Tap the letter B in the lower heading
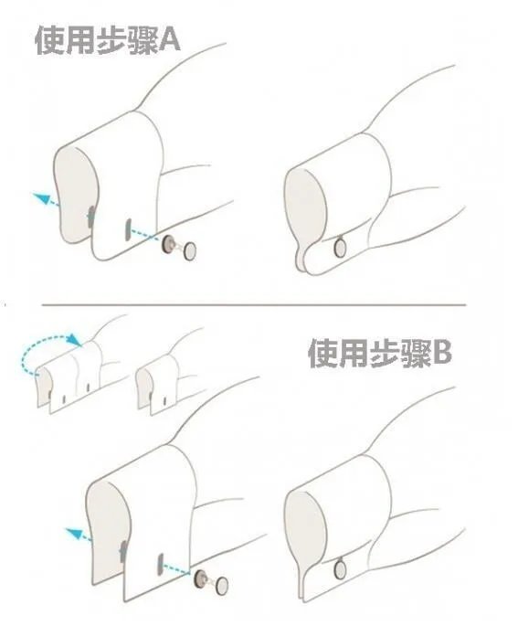[x=441, y=353]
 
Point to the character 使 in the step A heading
[x=49, y=40]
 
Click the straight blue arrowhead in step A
[x=37, y=196]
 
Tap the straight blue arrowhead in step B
[x=76, y=533]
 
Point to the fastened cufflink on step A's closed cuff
[x=339, y=246]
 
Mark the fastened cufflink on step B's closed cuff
[x=341, y=570]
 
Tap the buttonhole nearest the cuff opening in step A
[x=90, y=216]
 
